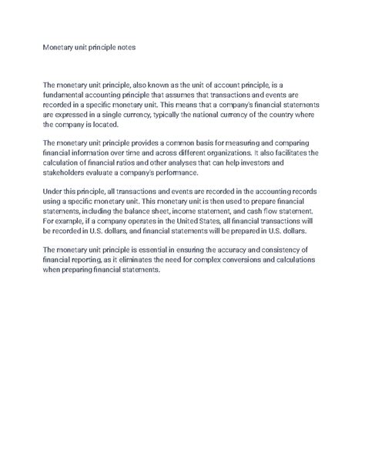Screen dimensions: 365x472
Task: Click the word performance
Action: [208, 171]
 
